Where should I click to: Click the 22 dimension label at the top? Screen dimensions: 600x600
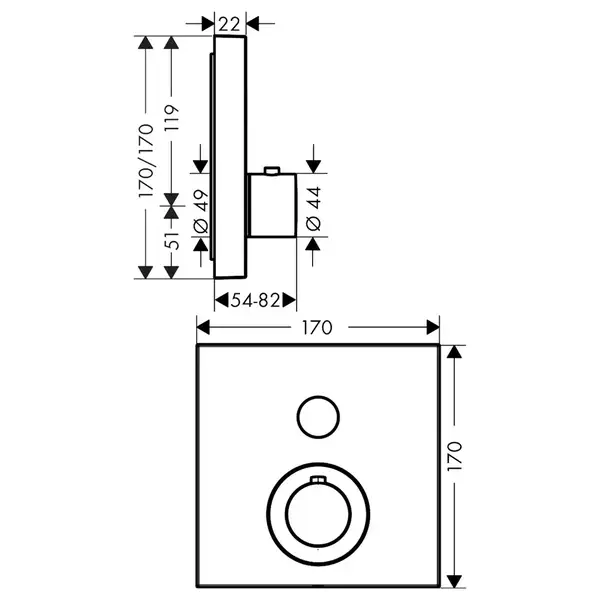click(x=230, y=25)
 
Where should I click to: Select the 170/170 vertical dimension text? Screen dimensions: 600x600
click(x=146, y=160)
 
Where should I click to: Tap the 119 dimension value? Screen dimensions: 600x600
click(x=172, y=118)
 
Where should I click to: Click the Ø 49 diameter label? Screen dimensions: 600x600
click(x=201, y=211)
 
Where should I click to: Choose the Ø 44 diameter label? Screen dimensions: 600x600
click(x=314, y=209)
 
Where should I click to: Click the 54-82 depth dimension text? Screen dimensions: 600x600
click(x=256, y=300)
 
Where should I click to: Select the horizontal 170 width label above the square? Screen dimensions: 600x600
click(x=317, y=328)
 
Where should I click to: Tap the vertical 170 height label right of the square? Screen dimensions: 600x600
click(x=455, y=456)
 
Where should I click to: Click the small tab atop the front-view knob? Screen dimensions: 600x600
click(x=318, y=479)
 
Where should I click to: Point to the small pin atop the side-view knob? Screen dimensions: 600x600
click(x=272, y=171)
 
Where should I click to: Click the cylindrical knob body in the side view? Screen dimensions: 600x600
click(x=272, y=205)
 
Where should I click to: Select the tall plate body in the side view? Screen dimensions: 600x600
click(x=230, y=157)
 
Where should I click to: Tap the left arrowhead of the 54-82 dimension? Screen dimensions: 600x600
click(x=222, y=300)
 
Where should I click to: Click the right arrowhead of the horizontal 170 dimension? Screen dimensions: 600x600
click(x=433, y=328)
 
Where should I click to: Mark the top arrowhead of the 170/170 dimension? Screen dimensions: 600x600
click(x=145, y=43)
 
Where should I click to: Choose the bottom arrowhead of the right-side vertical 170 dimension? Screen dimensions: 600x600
click(x=455, y=581)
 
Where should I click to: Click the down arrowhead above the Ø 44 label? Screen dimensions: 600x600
click(x=313, y=166)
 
